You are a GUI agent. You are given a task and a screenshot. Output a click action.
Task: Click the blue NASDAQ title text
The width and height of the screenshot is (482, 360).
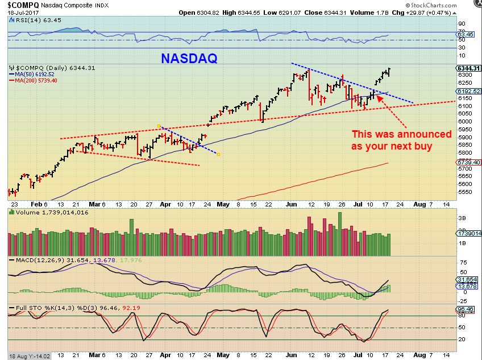coord(189,58)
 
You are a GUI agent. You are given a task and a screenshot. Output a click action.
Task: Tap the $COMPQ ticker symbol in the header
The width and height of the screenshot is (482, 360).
coord(22,6)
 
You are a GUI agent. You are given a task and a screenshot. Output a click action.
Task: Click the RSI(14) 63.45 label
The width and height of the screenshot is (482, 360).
coord(27,19)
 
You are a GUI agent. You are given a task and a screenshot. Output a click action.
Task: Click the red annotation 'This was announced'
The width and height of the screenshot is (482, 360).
coord(401,134)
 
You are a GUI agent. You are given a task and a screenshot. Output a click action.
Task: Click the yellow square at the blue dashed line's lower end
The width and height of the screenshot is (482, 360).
coord(219,154)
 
